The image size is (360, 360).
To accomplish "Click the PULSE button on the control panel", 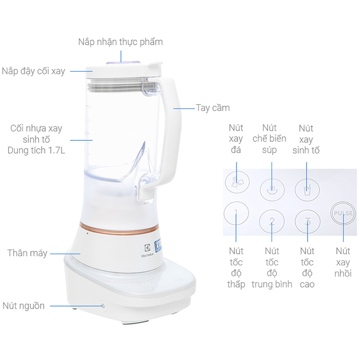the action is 343,213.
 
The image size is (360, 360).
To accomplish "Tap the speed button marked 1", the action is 236,213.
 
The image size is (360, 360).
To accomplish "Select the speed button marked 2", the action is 272,221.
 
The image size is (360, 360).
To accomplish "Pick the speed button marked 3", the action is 308,221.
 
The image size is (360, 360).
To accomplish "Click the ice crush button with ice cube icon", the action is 237,182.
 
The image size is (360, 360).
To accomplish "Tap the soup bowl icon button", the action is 272,190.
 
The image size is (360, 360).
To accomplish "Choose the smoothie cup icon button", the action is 307,190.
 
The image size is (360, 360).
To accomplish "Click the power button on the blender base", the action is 103,306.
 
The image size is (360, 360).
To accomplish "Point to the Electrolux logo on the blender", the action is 147,250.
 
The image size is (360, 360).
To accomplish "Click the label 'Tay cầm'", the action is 212,108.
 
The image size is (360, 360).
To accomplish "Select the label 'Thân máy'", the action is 27,253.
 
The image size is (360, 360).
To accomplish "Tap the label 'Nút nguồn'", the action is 24,306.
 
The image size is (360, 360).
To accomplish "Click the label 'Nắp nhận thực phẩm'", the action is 120,42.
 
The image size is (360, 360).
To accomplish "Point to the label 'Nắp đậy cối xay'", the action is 33,71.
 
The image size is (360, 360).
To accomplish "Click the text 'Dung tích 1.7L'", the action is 37,150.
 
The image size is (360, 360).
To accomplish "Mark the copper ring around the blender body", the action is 119,229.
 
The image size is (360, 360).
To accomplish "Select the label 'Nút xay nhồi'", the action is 343,262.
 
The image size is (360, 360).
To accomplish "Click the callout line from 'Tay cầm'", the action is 184,109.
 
